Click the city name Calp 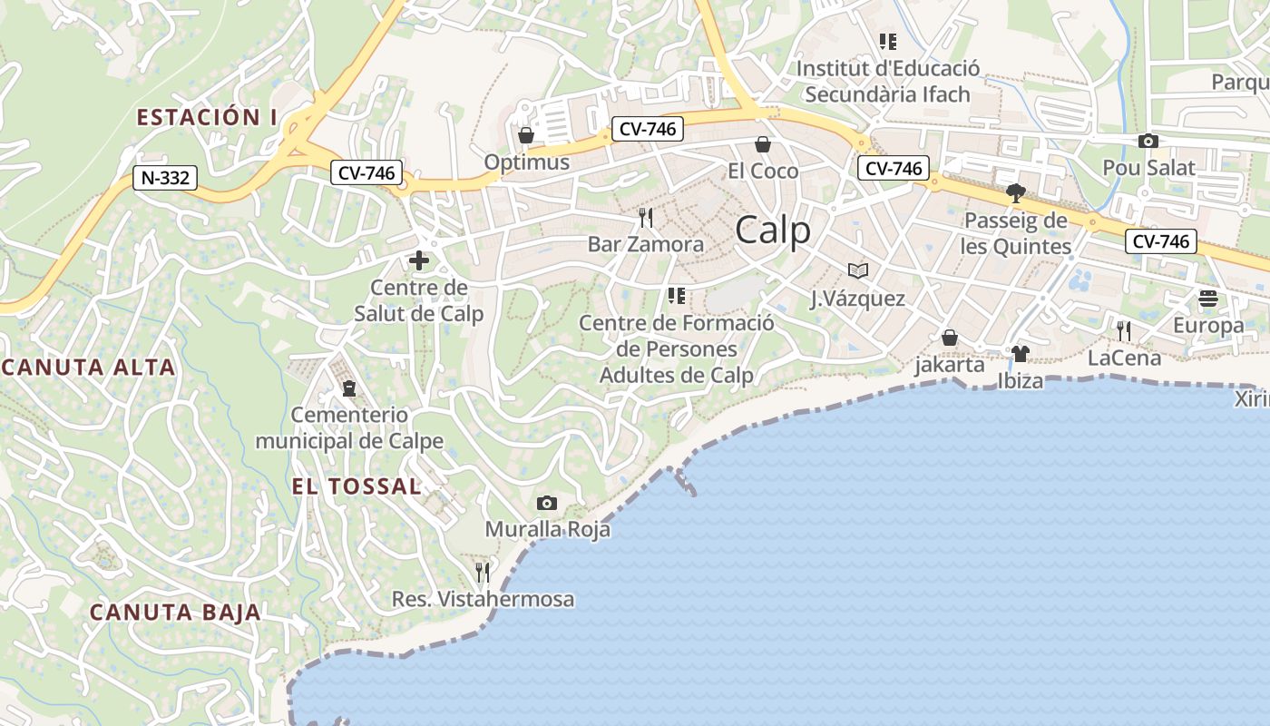coord(773,231)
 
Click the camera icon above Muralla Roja coord(546,504)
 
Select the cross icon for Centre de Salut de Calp coord(418,261)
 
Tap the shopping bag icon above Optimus coord(525,136)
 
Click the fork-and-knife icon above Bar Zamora coord(646,218)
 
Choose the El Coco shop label coord(763,172)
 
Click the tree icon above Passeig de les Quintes coord(1015,193)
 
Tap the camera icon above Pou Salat coord(1148,142)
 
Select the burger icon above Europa coord(1207,299)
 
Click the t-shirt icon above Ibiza coord(1021,354)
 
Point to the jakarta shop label coord(949,365)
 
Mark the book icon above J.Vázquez coord(857,270)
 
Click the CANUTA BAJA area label coord(175,613)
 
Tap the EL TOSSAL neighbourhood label coord(357,486)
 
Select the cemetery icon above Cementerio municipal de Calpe coord(348,388)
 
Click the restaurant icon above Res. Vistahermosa coord(483,572)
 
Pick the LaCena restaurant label coord(1124,358)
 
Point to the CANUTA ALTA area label coord(89,368)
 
